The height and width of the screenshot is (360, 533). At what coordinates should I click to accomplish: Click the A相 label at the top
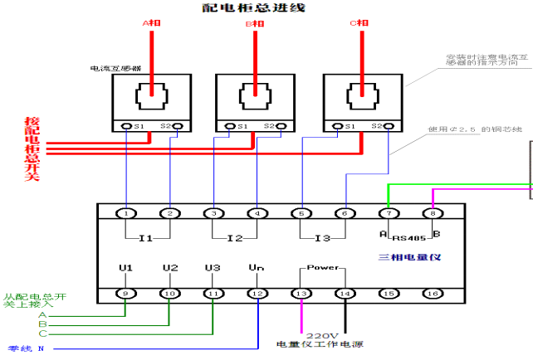click(x=150, y=24)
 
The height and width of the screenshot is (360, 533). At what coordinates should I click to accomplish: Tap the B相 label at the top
click(x=255, y=24)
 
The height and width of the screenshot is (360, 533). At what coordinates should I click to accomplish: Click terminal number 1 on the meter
click(x=126, y=213)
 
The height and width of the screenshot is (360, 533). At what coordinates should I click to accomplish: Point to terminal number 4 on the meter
click(x=257, y=213)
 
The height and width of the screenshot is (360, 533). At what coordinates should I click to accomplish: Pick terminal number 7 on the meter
click(x=389, y=213)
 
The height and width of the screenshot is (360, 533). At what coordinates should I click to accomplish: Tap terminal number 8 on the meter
click(x=433, y=213)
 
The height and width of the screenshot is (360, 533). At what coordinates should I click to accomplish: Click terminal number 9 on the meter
click(x=126, y=293)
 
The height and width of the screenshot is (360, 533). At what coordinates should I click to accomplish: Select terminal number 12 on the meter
click(x=257, y=293)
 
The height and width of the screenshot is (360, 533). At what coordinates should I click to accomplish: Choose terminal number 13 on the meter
click(x=301, y=293)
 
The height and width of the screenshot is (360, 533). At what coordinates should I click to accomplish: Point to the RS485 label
click(x=409, y=235)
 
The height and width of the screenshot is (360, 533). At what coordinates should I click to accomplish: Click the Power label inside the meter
click(x=323, y=268)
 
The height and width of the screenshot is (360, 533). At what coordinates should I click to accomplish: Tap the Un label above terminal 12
click(x=257, y=268)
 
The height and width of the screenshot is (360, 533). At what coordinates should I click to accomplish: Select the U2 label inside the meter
click(x=170, y=268)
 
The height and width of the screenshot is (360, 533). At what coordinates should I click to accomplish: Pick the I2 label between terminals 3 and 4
click(x=235, y=238)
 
